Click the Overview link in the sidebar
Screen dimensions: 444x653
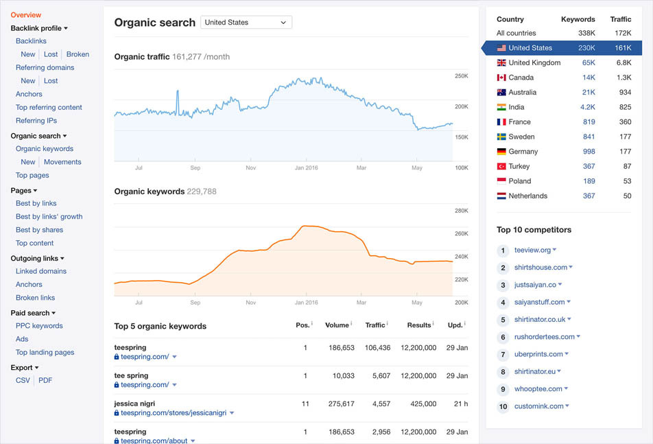(x=26, y=15)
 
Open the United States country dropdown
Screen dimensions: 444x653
(x=246, y=23)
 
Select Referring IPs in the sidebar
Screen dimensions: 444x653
(x=36, y=121)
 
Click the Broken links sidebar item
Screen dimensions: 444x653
(x=35, y=298)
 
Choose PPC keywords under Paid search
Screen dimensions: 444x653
(x=39, y=326)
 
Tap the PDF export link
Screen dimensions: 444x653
(x=45, y=380)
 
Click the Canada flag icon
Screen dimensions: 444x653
(x=501, y=78)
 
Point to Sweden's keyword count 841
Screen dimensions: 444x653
(x=589, y=137)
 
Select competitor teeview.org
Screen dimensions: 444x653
(x=533, y=250)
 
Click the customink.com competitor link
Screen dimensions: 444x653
(x=538, y=406)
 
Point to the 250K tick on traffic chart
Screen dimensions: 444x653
(x=461, y=76)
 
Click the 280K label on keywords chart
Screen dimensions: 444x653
(x=461, y=211)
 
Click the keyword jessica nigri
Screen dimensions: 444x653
(x=136, y=404)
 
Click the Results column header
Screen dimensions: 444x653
(x=418, y=325)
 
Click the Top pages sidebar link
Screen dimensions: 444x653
(x=32, y=175)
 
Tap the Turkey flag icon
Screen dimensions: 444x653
(x=501, y=167)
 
